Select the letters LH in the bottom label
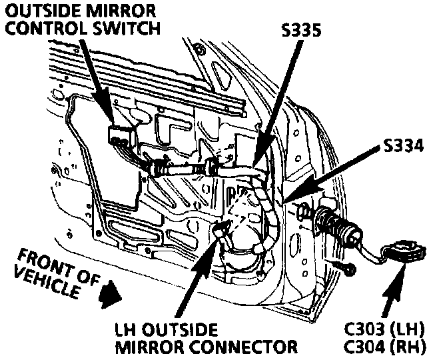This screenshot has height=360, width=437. coord(125,330)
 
